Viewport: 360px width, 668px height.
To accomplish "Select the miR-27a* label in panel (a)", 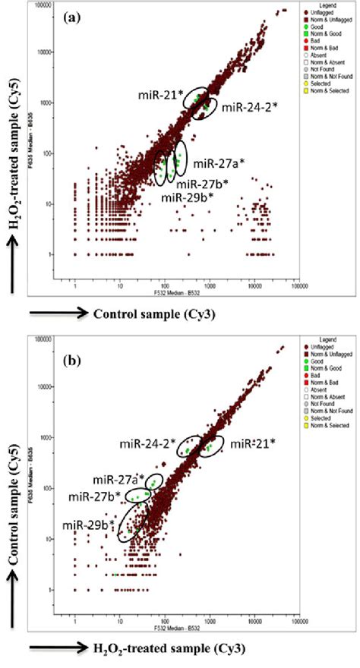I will coord(218,162).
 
